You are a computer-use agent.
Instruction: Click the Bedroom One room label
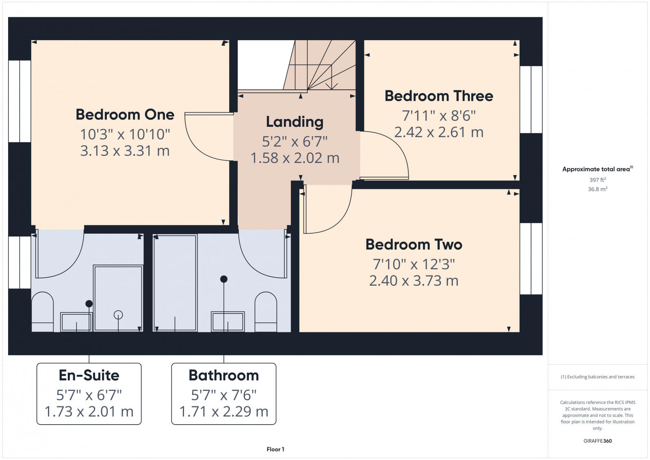point(125,115)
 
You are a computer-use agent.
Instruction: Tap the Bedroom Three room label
point(439,96)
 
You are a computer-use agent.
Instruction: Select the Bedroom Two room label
point(414,245)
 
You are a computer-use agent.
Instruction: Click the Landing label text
point(295,122)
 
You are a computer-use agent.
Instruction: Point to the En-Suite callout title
point(89,375)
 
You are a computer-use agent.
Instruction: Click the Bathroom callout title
point(223,375)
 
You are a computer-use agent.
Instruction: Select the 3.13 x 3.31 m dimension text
point(125,151)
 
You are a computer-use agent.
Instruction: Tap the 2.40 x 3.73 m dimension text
point(414,281)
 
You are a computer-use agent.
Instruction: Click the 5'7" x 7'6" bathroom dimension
point(223,395)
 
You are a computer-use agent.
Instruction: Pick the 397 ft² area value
point(597,180)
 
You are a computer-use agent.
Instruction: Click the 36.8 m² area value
point(597,189)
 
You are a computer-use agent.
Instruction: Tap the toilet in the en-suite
point(42,311)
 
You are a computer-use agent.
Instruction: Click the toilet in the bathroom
point(266,311)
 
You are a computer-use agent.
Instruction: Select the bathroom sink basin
point(227,321)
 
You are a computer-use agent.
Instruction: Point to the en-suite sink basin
point(76,322)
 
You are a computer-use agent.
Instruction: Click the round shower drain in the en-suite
point(118,315)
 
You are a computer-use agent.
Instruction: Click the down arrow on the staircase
point(332,85)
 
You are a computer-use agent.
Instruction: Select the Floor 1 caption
point(275,449)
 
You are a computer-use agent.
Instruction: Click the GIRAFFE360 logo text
point(597,441)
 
